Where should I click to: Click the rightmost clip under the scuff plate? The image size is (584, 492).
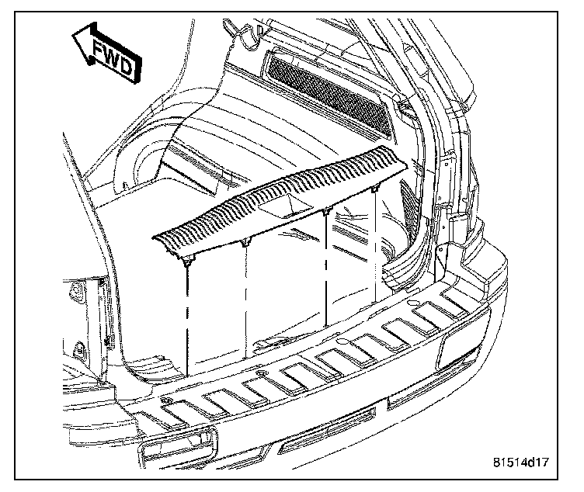click(375, 191)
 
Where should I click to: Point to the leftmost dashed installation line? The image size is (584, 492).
click(186, 310)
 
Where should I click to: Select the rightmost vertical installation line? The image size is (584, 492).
click(377, 248)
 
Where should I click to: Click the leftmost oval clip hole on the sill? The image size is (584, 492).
click(168, 400)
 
